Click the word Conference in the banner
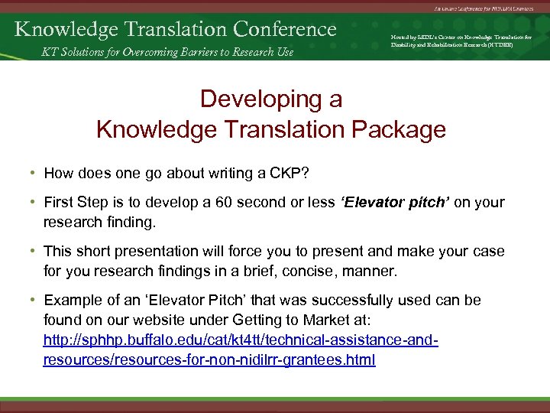pos(285,29)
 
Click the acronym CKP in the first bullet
pos(286,173)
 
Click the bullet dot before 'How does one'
pos(34,173)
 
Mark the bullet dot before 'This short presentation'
pos(34,251)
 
